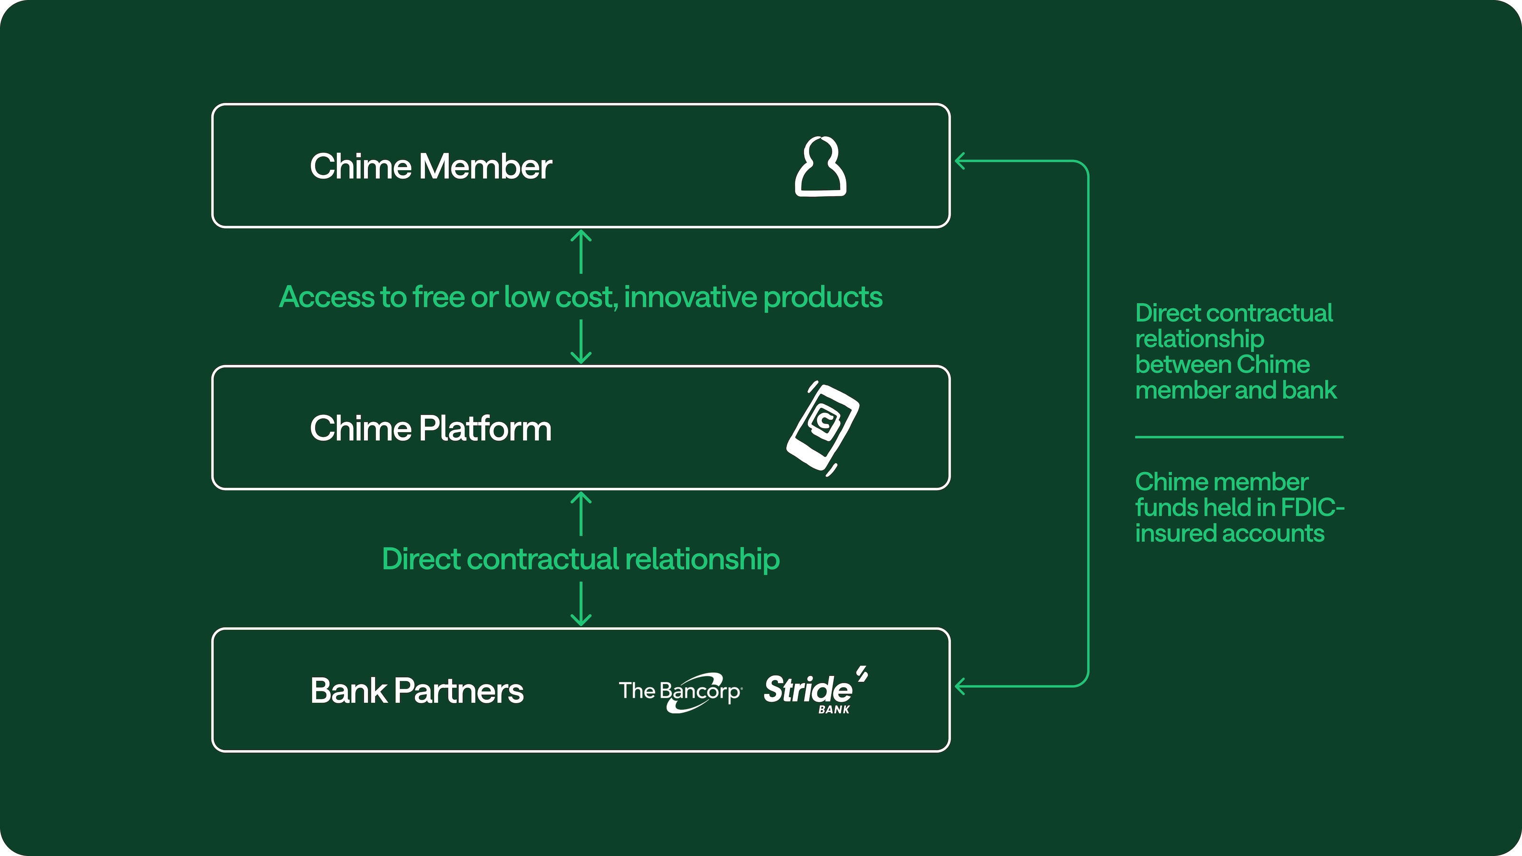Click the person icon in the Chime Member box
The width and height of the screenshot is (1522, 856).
[x=820, y=166]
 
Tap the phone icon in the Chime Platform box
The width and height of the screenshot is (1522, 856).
[x=822, y=428]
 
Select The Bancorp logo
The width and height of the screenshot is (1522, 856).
[x=680, y=691]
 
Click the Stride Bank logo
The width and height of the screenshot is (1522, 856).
[x=815, y=690]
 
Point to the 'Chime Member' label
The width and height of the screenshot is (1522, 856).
[x=431, y=166]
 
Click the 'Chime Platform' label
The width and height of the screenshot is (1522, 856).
[x=431, y=428]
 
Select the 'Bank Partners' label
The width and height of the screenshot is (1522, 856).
[x=417, y=691]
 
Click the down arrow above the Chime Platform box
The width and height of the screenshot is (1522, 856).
[x=581, y=342]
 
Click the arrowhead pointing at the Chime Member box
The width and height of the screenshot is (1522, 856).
[x=961, y=161]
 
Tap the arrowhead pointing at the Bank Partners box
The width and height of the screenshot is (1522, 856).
[x=961, y=686]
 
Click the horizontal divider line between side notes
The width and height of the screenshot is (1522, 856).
[x=1239, y=437]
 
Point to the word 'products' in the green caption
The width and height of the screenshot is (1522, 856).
[x=823, y=298]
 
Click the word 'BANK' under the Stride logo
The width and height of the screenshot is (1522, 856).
[x=834, y=710]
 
